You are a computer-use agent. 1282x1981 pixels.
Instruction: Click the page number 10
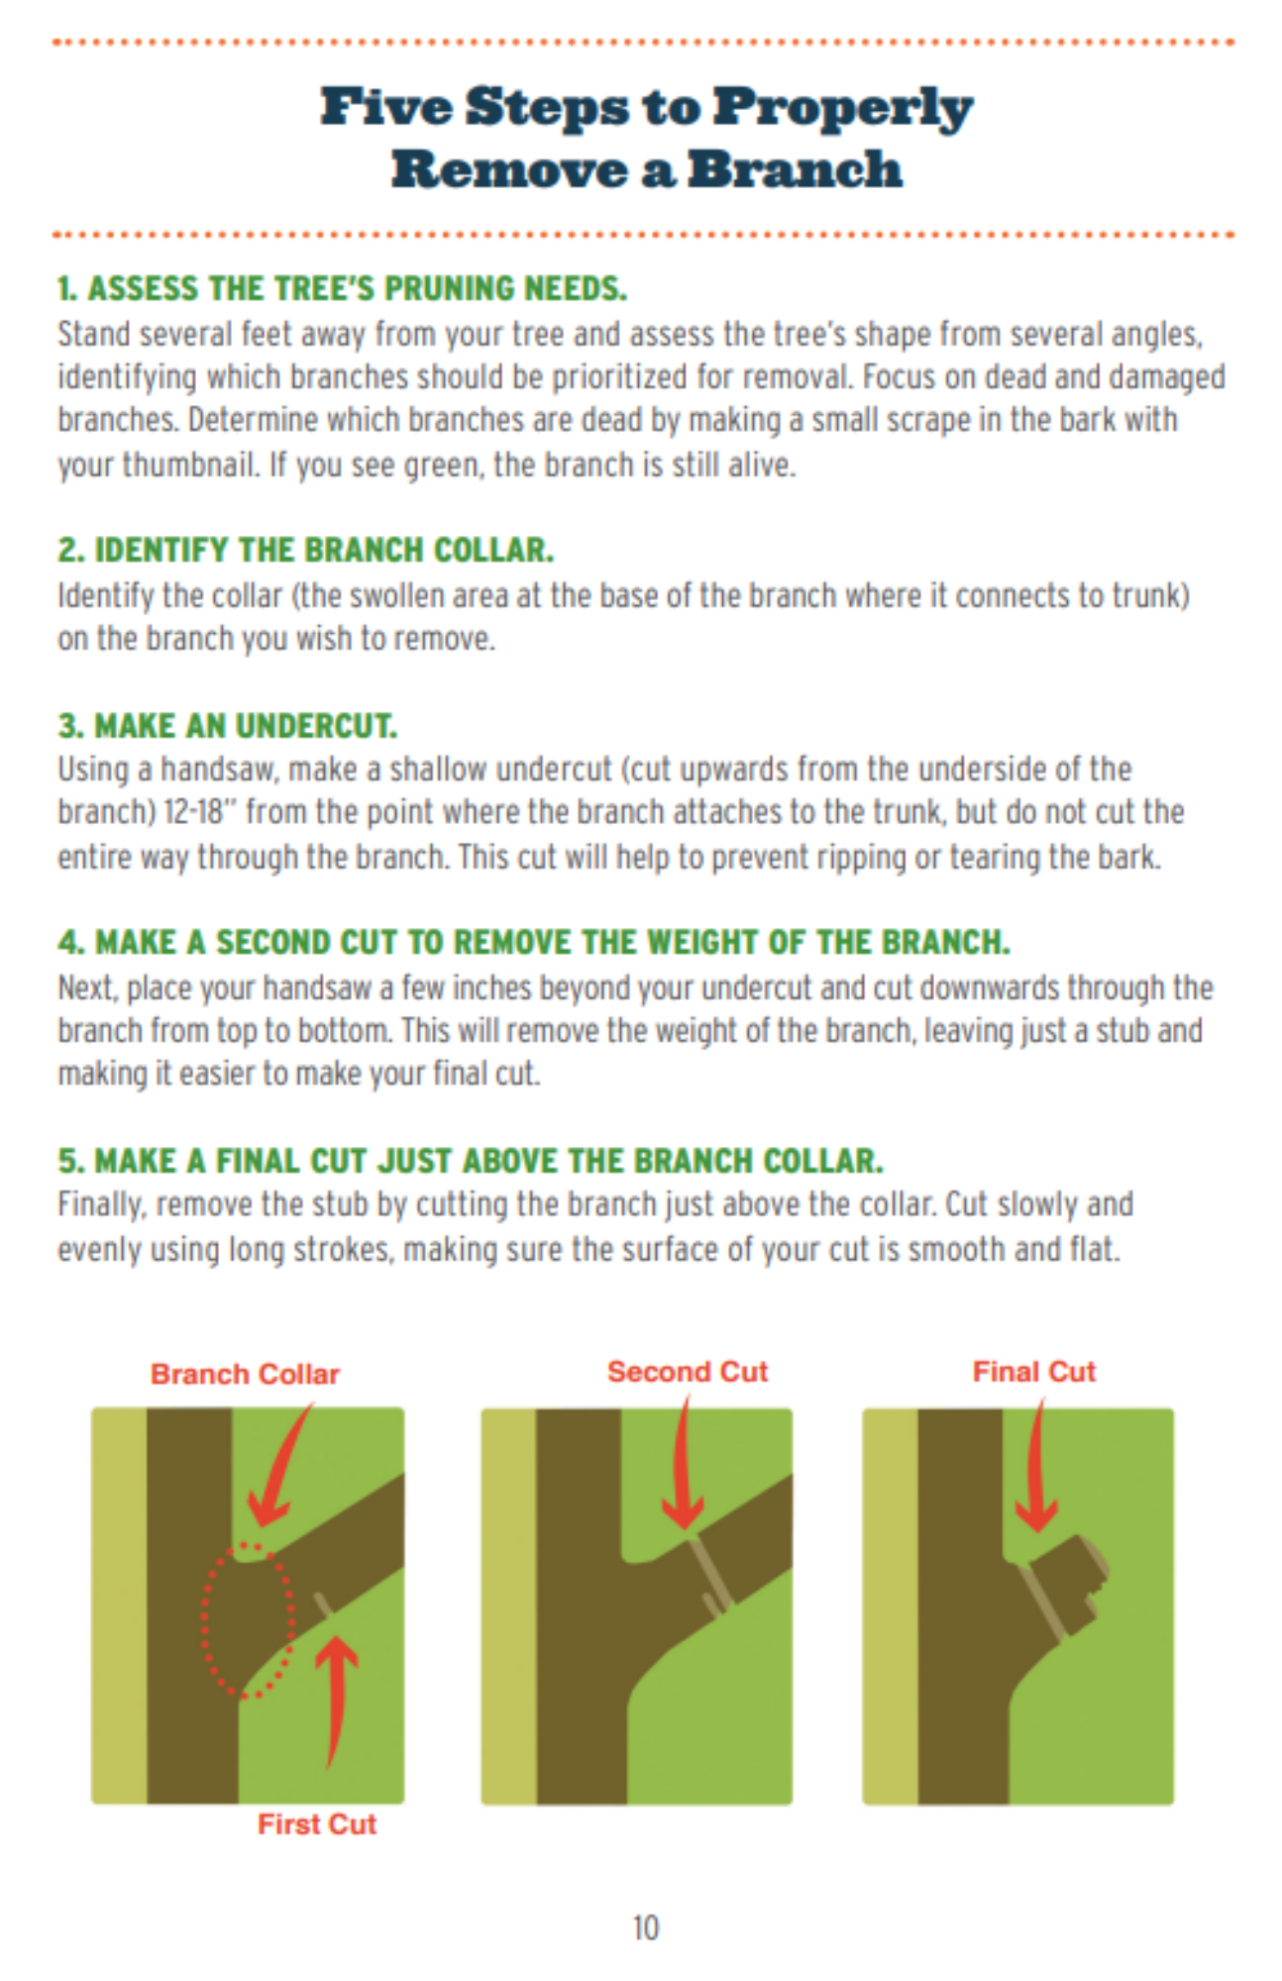coord(645,1928)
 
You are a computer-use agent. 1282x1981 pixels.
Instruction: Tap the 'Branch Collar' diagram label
coord(245,1374)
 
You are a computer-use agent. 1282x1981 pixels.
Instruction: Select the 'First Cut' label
coord(317,1824)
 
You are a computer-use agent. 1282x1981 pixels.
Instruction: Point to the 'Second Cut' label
coord(688,1371)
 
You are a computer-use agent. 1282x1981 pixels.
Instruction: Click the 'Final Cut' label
coord(1034,1371)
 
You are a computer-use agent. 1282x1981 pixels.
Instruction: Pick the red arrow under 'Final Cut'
coord(1035,1466)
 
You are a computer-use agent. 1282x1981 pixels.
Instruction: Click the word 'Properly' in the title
coord(843,108)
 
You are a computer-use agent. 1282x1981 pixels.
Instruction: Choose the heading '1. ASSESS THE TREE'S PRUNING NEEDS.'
coord(342,288)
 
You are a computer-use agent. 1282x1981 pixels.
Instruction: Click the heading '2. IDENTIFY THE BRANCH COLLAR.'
coord(305,550)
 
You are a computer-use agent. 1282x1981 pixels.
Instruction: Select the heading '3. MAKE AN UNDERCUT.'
coord(227,726)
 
